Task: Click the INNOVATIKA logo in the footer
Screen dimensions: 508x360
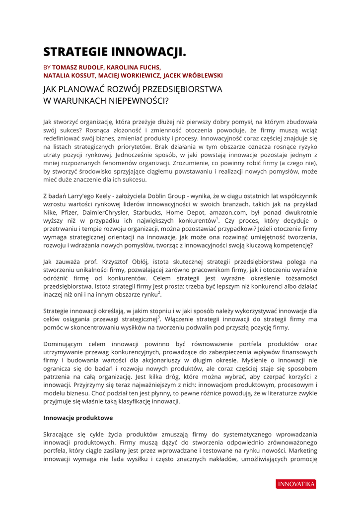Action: (x=296, y=484)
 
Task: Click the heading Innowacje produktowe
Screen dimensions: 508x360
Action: (x=78, y=418)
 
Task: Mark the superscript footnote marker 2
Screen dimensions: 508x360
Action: (x=159, y=292)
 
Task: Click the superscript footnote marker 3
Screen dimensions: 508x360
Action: (x=158, y=317)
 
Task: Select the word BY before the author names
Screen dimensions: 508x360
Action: (x=47, y=67)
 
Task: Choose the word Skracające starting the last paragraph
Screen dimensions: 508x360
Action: (x=60, y=434)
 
